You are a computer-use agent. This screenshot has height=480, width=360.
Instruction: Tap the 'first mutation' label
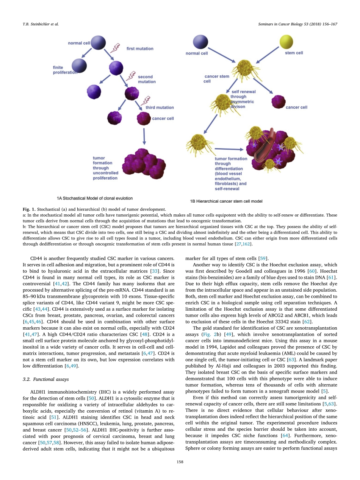tap(140, 48)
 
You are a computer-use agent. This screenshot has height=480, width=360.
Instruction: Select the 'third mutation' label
tap(160, 108)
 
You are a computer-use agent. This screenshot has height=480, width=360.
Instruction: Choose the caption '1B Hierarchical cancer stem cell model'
tap(226, 201)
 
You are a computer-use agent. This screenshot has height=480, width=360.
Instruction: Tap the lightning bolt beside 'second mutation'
tap(131, 75)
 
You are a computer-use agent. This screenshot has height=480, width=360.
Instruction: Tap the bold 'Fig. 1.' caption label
tap(30, 209)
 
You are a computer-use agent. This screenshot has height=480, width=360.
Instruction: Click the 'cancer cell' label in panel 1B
tap(296, 108)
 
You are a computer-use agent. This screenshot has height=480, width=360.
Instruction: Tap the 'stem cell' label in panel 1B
tap(294, 53)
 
